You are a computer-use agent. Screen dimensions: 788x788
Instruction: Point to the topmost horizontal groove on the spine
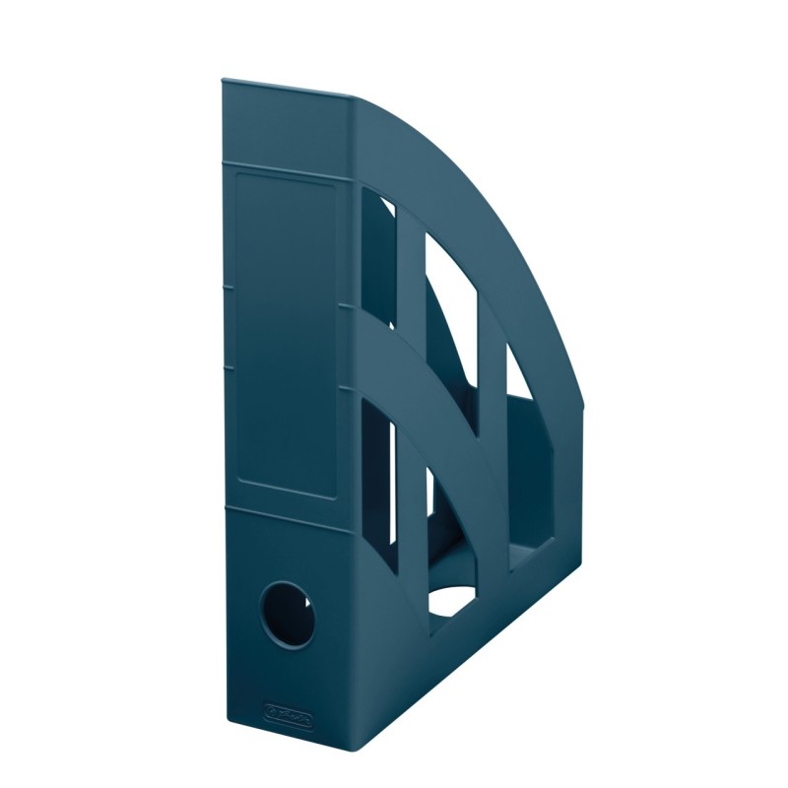(x=288, y=158)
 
